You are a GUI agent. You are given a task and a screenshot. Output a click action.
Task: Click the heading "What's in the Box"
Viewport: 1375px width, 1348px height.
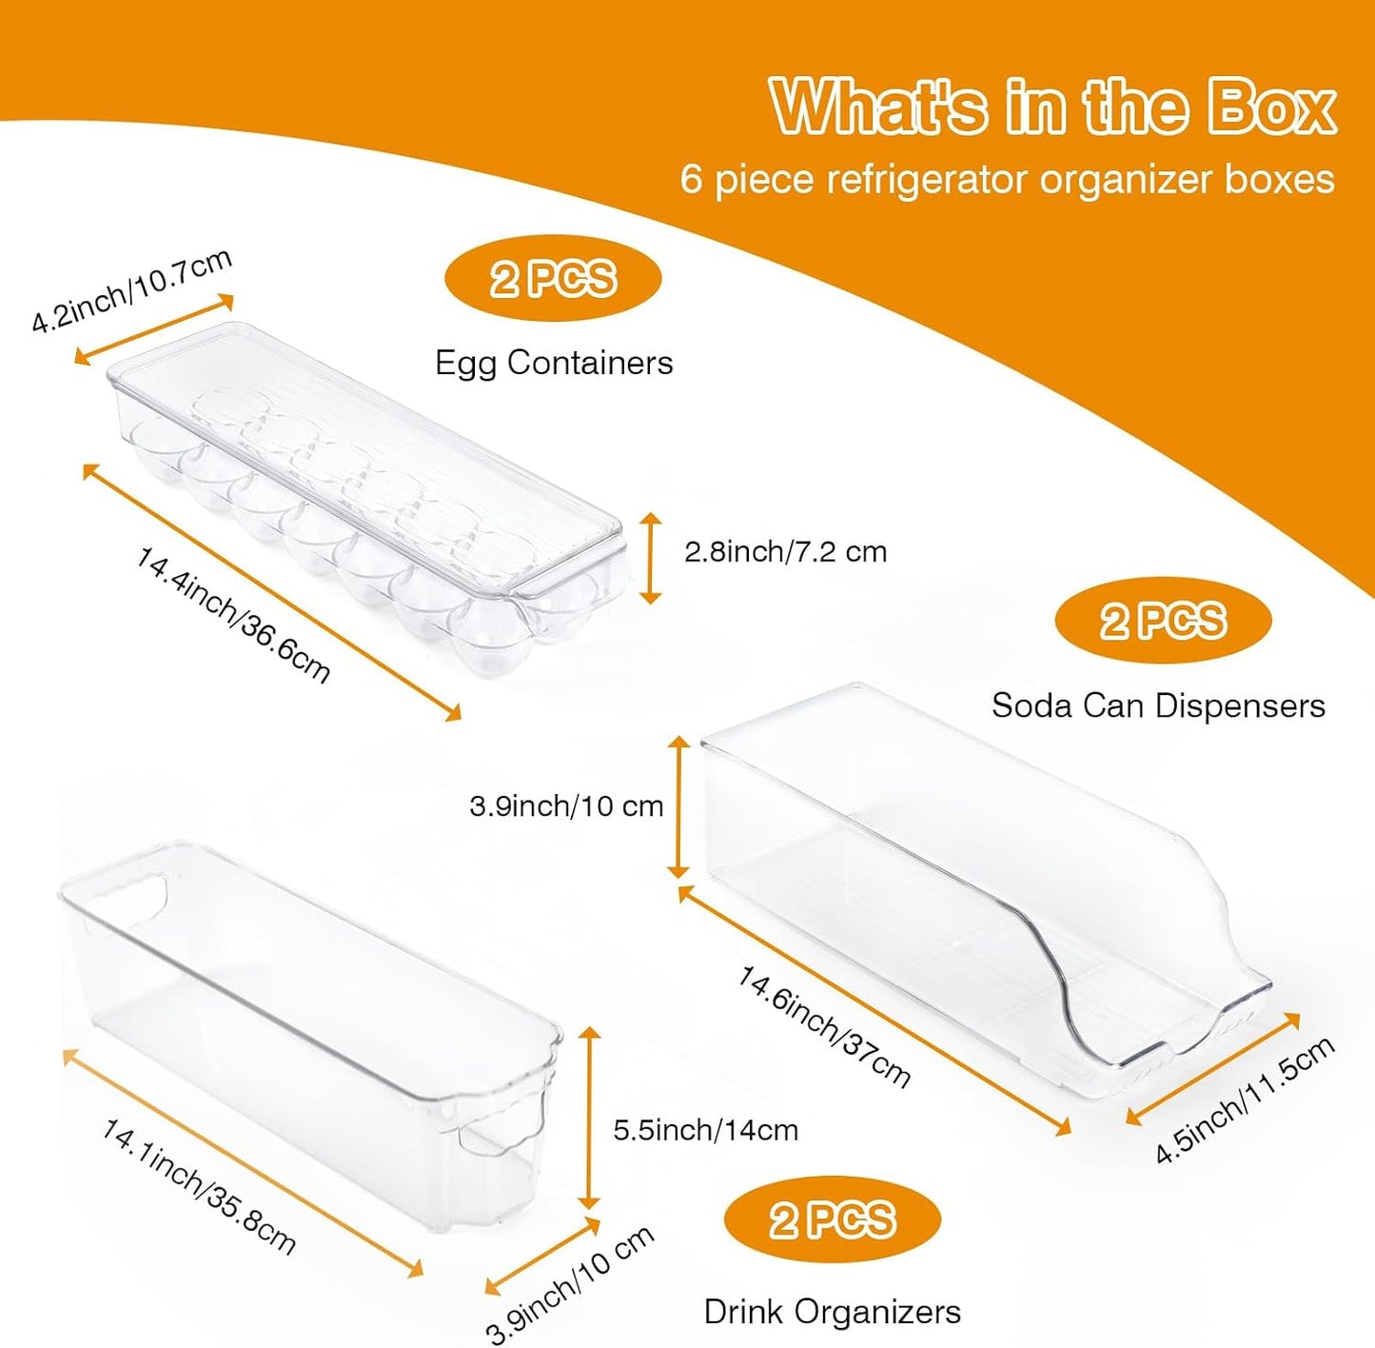(x=1053, y=107)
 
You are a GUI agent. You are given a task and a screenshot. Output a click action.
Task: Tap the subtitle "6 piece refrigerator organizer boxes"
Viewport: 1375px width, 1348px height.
(x=1007, y=179)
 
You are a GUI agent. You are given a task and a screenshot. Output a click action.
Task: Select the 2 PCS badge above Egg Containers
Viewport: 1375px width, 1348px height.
(x=553, y=278)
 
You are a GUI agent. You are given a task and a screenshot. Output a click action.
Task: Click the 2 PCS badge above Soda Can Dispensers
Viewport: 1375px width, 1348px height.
(x=1163, y=620)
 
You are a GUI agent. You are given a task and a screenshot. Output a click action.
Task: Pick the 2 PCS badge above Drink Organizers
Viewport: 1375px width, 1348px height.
(x=832, y=1219)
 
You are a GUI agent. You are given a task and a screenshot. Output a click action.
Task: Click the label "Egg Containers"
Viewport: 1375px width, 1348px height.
(x=554, y=363)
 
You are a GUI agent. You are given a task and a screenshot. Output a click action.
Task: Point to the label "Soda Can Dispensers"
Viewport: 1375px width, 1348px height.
(x=1158, y=706)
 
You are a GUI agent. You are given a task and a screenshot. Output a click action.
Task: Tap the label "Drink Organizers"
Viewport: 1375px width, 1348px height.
(x=832, y=1312)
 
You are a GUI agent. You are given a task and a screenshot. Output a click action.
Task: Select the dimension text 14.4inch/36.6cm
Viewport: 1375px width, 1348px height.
(x=232, y=615)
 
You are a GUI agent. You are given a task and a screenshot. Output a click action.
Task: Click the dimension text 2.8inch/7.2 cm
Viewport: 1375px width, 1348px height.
(x=785, y=552)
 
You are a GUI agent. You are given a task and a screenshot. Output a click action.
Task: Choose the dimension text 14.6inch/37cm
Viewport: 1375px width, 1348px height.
(x=823, y=1026)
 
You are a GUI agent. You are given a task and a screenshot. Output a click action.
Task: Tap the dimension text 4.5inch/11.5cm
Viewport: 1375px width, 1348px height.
(x=1245, y=1110)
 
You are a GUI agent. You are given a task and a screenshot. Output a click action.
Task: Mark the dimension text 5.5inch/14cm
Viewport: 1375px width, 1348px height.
(x=706, y=1130)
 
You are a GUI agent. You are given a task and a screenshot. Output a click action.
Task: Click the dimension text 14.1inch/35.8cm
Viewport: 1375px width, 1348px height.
(x=198, y=1187)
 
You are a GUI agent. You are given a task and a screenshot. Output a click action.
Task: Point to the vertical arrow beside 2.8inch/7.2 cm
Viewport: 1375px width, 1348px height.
(x=650, y=558)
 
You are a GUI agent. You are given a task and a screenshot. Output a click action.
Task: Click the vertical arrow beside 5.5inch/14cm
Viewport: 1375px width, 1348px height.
(x=589, y=1118)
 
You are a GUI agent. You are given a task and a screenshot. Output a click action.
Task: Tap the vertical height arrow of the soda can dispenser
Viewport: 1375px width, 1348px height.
(x=678, y=807)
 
